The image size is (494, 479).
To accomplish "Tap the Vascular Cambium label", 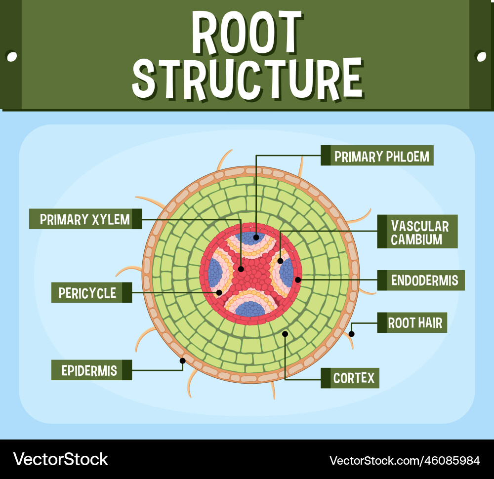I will coord(420,233).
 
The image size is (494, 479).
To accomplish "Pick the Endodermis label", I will coord(424,280).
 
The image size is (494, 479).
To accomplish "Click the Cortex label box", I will coord(354,378).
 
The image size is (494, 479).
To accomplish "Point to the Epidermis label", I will coord(89,370).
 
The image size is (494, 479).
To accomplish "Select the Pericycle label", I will coord(87,293).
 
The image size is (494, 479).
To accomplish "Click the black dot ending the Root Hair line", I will coord(352,334).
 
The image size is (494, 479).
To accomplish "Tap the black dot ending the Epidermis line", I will coord(182,360).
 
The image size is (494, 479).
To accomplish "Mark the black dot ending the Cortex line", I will coord(285,334).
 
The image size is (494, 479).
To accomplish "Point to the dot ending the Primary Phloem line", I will coord(256,237).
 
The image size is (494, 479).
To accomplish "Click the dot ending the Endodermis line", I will coord(297,280).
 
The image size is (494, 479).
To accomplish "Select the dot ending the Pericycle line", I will coord(219,292).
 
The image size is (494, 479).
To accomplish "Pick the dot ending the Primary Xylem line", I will coord(241,269).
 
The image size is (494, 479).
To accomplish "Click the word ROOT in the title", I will coord(247,33).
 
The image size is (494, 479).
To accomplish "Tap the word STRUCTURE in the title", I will coord(247,79).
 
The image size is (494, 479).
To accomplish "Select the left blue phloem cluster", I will coord(215,271).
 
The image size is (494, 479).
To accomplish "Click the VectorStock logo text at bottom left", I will coord(61,459).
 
